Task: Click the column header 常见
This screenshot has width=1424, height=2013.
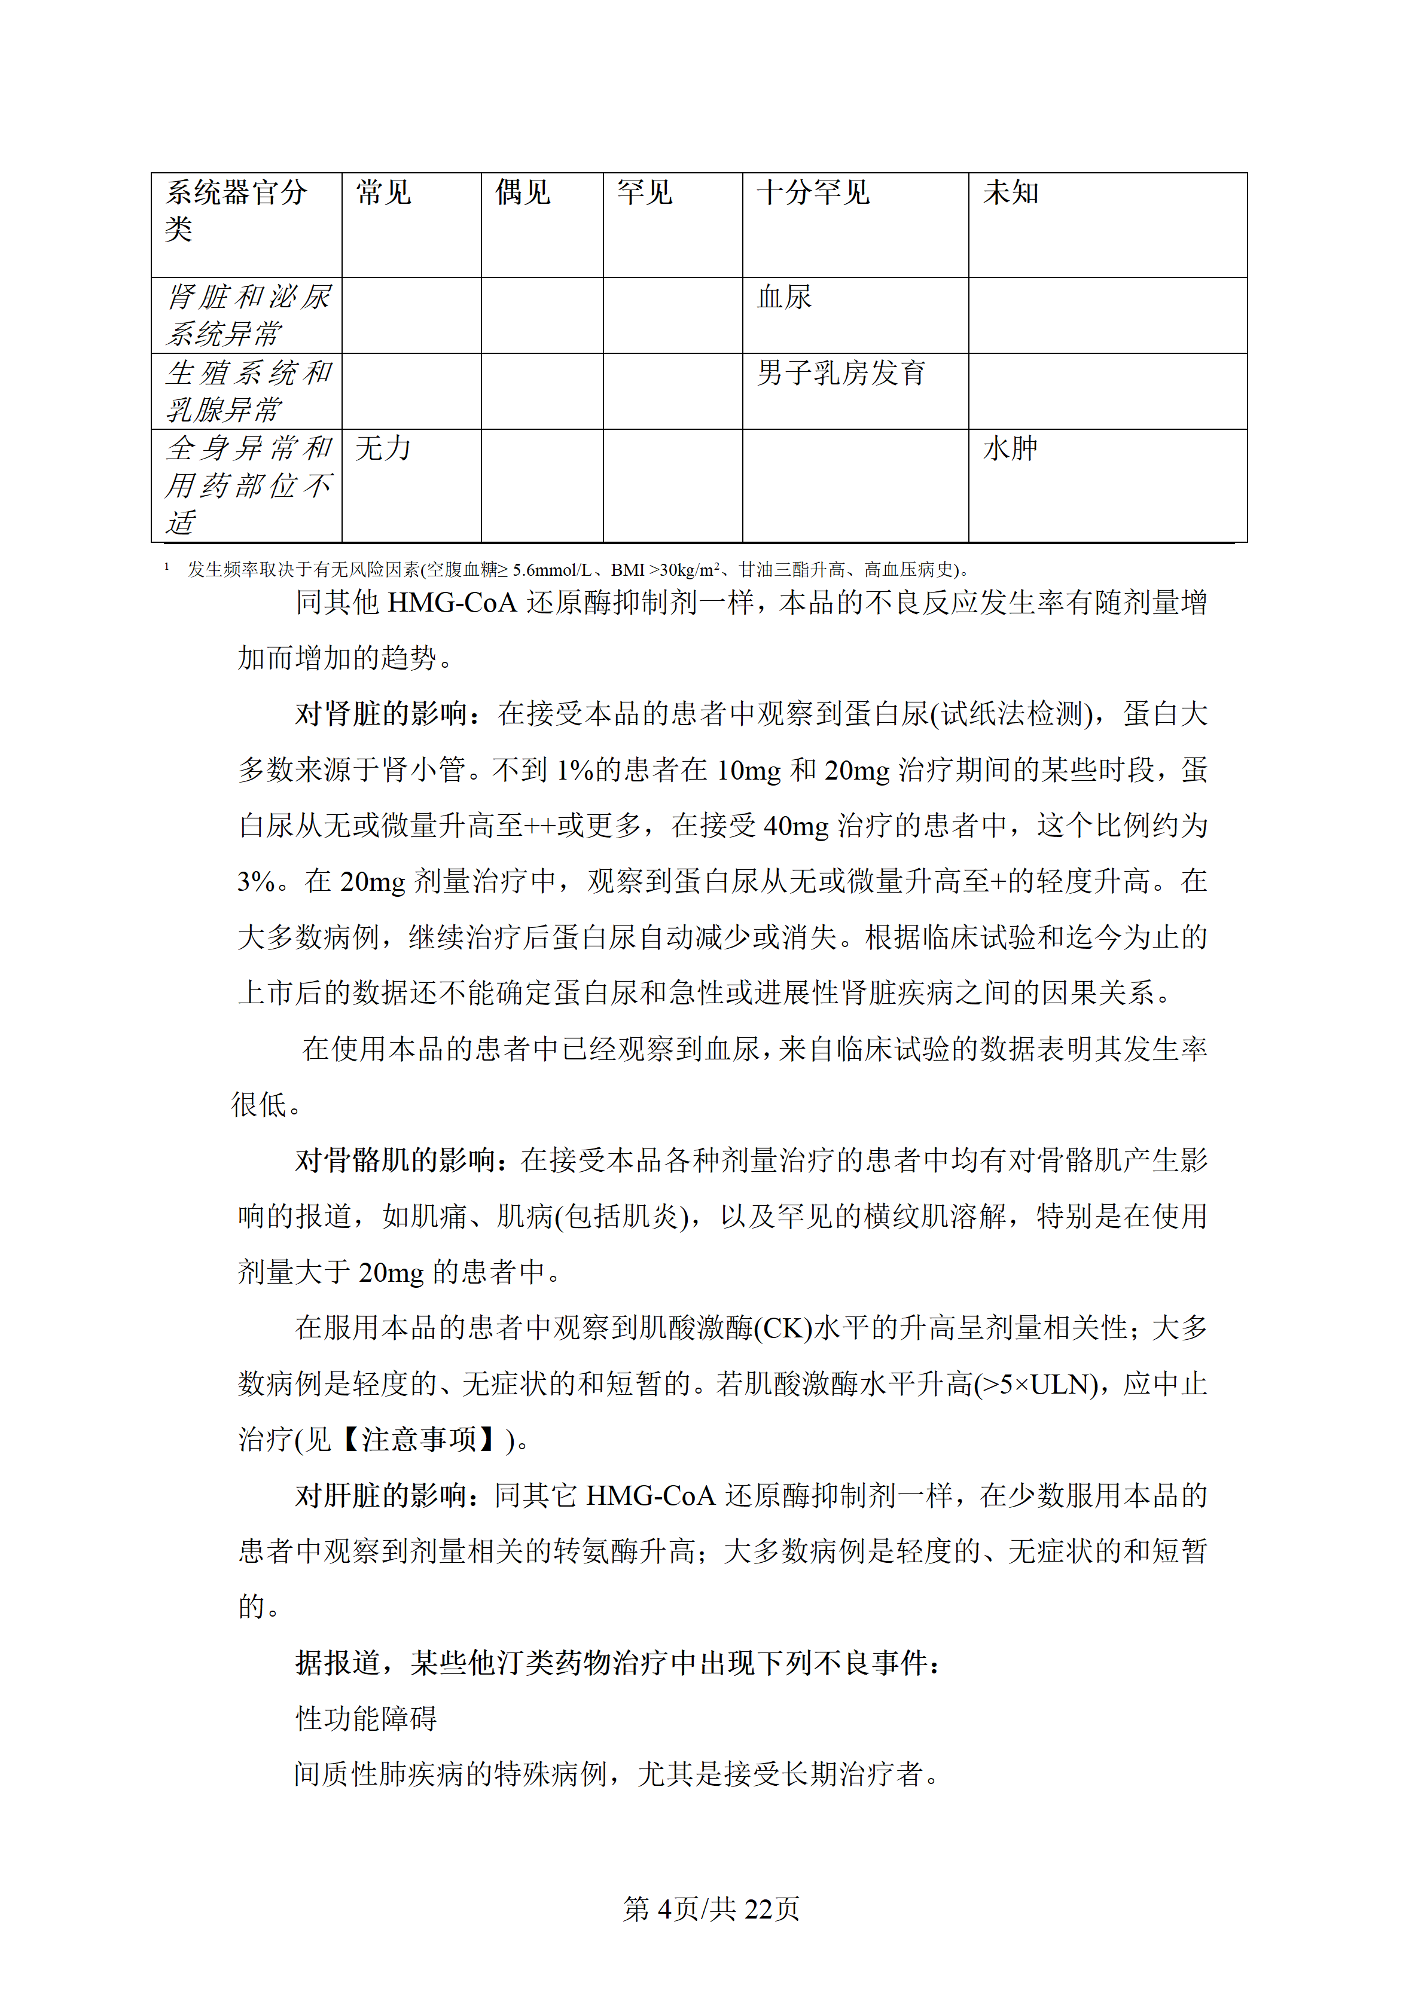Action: click(383, 193)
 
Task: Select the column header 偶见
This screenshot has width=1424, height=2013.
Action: click(523, 193)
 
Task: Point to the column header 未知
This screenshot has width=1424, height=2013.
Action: click(1010, 193)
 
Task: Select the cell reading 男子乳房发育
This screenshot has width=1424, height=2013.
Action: click(841, 374)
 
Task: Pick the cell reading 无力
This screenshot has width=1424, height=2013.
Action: click(383, 449)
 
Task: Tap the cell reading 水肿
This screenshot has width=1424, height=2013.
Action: click(1010, 449)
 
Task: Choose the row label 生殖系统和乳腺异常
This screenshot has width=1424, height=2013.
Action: click(248, 391)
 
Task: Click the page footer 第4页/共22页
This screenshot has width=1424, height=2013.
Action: click(711, 1908)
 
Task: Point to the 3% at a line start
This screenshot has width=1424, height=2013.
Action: click(256, 882)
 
